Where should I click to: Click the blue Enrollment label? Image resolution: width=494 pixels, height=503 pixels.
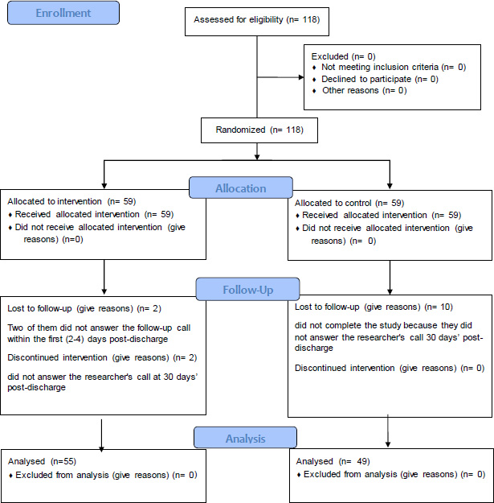pyautogui.click(x=63, y=13)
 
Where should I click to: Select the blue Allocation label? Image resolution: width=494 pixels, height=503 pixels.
pyautogui.click(x=241, y=188)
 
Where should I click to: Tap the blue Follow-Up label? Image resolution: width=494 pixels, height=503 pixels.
pyautogui.click(x=247, y=290)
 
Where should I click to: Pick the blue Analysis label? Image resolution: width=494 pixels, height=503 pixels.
pyautogui.click(x=245, y=438)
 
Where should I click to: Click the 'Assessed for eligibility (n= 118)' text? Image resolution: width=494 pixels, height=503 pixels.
pyautogui.click(x=257, y=19)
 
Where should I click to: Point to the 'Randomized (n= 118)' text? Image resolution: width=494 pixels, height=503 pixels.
pyautogui.click(x=259, y=130)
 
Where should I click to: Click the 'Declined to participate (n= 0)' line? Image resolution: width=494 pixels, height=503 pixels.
pyautogui.click(x=380, y=79)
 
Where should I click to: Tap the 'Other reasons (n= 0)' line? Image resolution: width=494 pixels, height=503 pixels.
pyautogui.click(x=365, y=90)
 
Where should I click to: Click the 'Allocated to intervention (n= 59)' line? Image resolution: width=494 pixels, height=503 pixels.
pyautogui.click(x=71, y=201)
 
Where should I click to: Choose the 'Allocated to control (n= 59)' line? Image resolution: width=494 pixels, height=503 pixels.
pyautogui.click(x=349, y=203)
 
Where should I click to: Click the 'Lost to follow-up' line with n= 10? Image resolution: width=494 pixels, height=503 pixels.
pyautogui.click(x=374, y=307)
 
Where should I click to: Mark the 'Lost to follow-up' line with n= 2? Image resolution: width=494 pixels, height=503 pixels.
pyautogui.click(x=84, y=308)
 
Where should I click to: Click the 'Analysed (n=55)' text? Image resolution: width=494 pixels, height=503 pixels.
pyautogui.click(x=42, y=461)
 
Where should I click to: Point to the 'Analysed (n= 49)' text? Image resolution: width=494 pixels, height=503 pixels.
pyautogui.click(x=333, y=461)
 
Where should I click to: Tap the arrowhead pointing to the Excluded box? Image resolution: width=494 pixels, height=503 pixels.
pyautogui.click(x=301, y=77)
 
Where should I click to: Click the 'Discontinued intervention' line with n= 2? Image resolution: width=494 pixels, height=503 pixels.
pyautogui.click(x=102, y=357)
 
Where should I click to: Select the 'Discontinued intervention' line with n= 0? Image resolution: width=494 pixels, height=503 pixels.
pyautogui.click(x=390, y=368)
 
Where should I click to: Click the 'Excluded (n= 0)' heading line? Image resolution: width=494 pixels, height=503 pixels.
pyautogui.click(x=343, y=56)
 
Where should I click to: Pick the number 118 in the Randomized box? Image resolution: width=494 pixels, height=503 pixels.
pyautogui.click(x=295, y=130)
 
